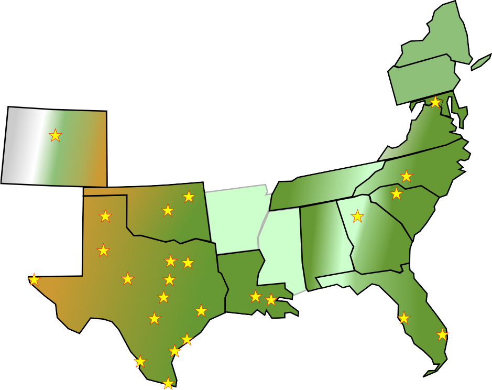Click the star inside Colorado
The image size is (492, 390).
(55, 135)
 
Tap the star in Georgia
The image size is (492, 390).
(357, 216)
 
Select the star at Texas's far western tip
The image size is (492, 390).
(34, 279)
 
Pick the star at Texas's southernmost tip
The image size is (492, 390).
(168, 383)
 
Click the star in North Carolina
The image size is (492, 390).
(406, 176)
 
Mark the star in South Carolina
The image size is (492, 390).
(396, 193)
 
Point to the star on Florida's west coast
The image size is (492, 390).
(403, 318)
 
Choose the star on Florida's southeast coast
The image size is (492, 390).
(442, 334)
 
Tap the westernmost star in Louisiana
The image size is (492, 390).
(255, 297)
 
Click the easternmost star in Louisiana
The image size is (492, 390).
(270, 300)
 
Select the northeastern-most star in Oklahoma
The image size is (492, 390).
(189, 197)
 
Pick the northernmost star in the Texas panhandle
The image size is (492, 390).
(105, 215)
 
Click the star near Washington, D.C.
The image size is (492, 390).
(435, 102)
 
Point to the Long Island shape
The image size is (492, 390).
(481, 62)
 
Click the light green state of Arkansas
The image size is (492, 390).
(233, 218)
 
